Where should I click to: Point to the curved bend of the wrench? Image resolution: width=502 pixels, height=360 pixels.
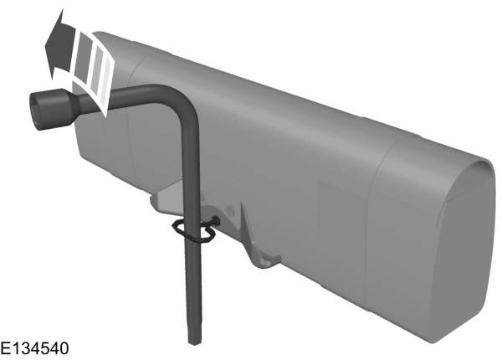pyautogui.click(x=182, y=98)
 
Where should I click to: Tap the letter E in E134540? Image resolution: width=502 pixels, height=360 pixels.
pyautogui.click(x=6, y=347)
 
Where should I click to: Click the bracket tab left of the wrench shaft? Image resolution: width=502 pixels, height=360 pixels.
pyautogui.click(x=164, y=201)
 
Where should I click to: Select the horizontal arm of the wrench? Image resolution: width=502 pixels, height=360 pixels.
pyautogui.click(x=125, y=94)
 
